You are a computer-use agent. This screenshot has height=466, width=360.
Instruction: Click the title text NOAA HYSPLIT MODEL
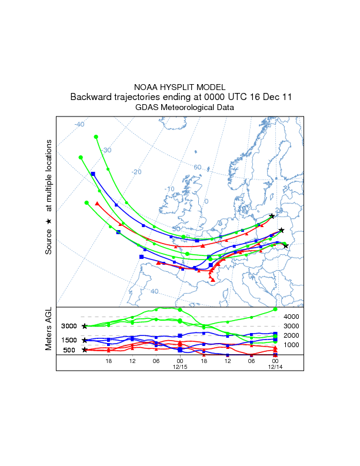(179, 87)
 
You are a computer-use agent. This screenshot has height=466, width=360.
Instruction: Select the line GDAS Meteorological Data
(179, 108)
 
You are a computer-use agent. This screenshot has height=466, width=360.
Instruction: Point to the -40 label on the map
(79, 124)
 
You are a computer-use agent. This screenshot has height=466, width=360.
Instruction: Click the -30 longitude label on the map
(106, 151)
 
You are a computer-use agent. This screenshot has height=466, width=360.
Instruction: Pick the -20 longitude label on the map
(136, 172)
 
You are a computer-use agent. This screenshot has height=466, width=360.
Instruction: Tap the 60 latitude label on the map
(198, 167)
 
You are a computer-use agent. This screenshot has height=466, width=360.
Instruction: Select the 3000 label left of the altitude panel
(69, 326)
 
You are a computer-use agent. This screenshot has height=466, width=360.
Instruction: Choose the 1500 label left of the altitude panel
(69, 340)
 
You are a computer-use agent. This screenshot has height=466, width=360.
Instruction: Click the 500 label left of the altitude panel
(69, 350)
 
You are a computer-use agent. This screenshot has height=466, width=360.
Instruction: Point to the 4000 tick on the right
(292, 317)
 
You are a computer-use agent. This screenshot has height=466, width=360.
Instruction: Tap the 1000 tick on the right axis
(292, 345)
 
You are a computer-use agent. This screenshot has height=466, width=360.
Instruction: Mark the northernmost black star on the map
(272, 217)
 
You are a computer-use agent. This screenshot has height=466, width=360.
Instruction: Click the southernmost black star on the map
(286, 245)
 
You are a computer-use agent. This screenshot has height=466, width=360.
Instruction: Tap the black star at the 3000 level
(85, 326)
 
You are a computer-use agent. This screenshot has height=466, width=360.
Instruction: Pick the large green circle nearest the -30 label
(96, 137)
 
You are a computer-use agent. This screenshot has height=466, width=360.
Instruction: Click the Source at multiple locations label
(49, 197)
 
